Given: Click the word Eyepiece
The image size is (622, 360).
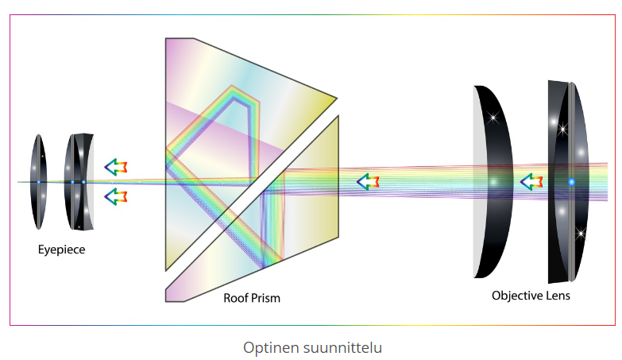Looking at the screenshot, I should click(x=61, y=250).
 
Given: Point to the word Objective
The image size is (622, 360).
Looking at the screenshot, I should click(x=517, y=296).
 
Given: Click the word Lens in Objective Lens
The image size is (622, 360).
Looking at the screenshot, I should click(x=558, y=296).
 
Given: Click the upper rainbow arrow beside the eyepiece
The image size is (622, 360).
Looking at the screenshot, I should click(x=117, y=167).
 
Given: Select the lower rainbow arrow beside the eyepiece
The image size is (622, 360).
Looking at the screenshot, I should click(x=117, y=195).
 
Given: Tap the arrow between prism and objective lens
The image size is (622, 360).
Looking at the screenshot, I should click(x=367, y=182).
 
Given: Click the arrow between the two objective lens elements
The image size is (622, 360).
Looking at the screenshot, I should click(x=531, y=182).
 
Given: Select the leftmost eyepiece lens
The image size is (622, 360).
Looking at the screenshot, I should click(x=38, y=182).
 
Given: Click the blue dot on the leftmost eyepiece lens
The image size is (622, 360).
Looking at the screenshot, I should click(x=38, y=182).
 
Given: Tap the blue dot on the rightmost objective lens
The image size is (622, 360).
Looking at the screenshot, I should click(x=571, y=182).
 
